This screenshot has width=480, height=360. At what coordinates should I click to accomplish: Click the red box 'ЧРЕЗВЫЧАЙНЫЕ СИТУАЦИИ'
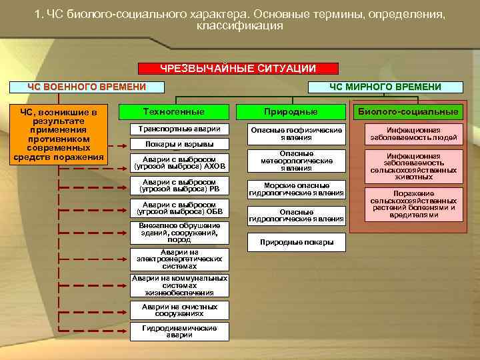[x=238, y=69]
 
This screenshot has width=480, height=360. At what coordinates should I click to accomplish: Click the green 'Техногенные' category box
[x=174, y=111]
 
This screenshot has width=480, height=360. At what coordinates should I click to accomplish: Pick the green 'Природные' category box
[x=291, y=111]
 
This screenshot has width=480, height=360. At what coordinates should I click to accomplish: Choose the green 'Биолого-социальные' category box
[x=408, y=111]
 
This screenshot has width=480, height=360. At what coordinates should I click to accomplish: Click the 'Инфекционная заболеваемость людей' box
[x=413, y=134]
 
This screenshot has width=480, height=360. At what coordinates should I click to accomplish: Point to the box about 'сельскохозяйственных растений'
[x=413, y=203]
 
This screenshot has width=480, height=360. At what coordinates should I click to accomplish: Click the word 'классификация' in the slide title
[x=240, y=26]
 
